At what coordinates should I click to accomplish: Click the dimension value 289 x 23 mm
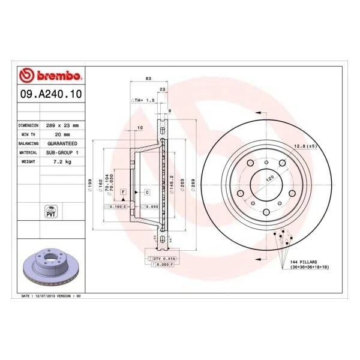tap(62, 125)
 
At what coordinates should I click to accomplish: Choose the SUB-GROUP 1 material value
tap(62, 153)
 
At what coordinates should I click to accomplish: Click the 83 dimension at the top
tap(148, 79)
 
